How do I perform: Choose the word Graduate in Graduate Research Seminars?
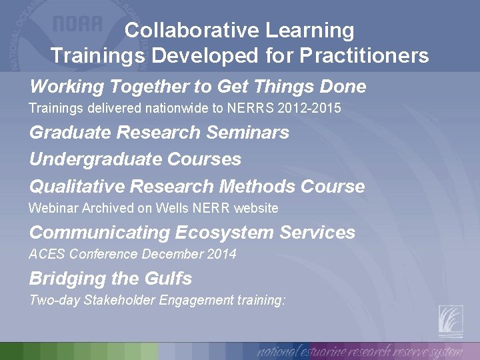click(70, 133)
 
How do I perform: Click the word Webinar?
click(53, 208)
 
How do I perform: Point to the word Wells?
click(172, 208)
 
